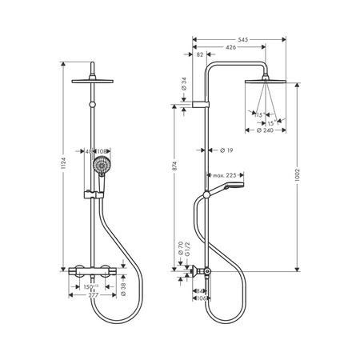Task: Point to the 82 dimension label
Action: click(x=199, y=54)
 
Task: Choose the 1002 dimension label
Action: click(x=298, y=178)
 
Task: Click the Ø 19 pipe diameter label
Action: click(x=226, y=150)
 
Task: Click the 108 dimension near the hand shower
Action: click(x=103, y=150)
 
